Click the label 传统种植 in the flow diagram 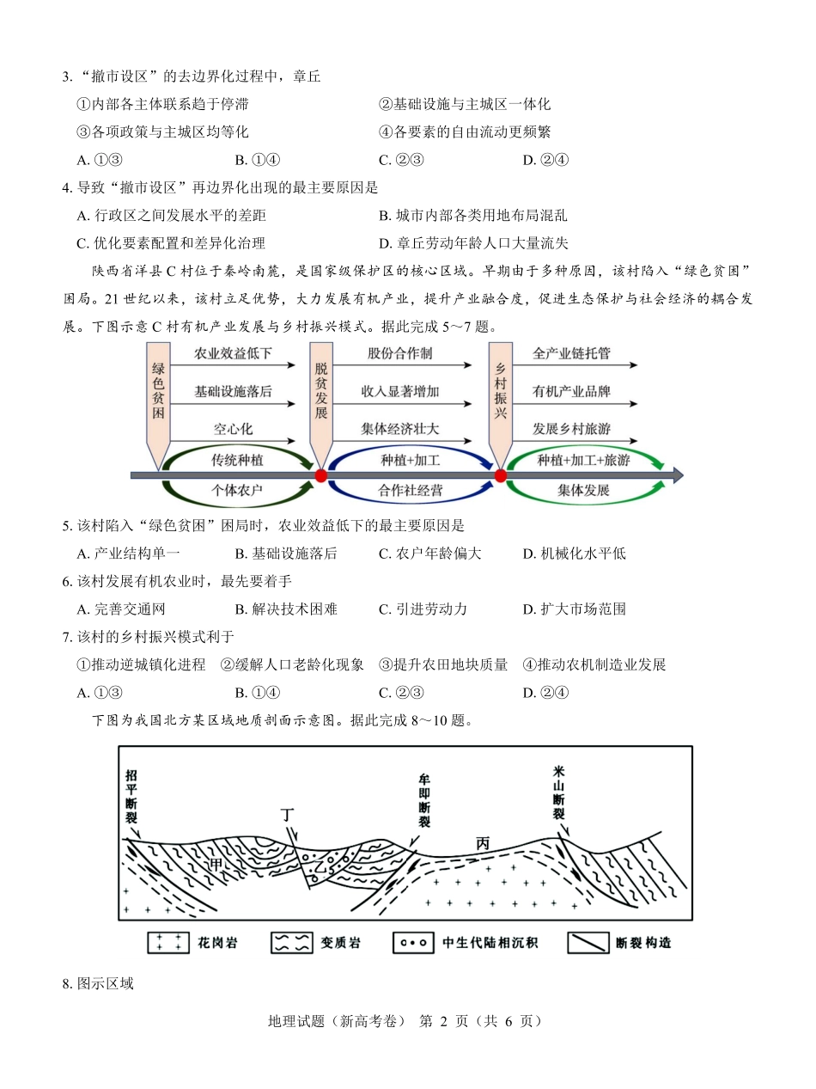point(237,461)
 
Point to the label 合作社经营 point(410,490)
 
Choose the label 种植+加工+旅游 point(583,461)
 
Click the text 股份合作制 point(399,354)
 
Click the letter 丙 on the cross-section point(483,843)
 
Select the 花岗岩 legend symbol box point(169,942)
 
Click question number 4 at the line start point(66,187)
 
